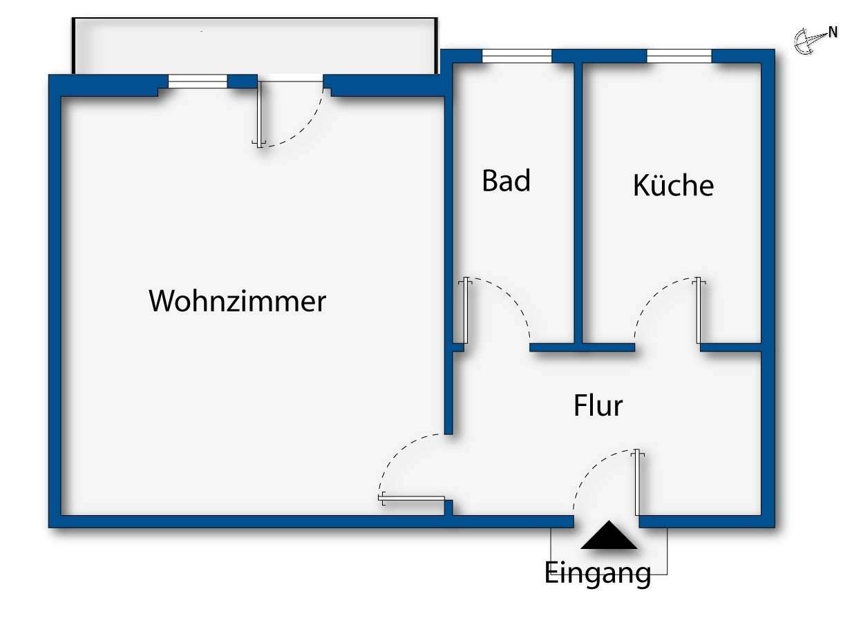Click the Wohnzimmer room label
click(237, 302)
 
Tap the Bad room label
click(506, 181)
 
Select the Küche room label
click(673, 186)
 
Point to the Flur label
click(598, 405)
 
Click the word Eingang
click(598, 573)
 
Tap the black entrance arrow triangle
click(609, 536)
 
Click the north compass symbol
click(804, 41)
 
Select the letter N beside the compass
click(833, 32)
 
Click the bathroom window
click(517, 56)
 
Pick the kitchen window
click(679, 56)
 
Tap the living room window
click(198, 81)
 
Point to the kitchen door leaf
click(699, 311)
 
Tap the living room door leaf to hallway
click(412, 499)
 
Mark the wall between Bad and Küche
click(578, 200)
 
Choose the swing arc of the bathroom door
click(511, 297)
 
